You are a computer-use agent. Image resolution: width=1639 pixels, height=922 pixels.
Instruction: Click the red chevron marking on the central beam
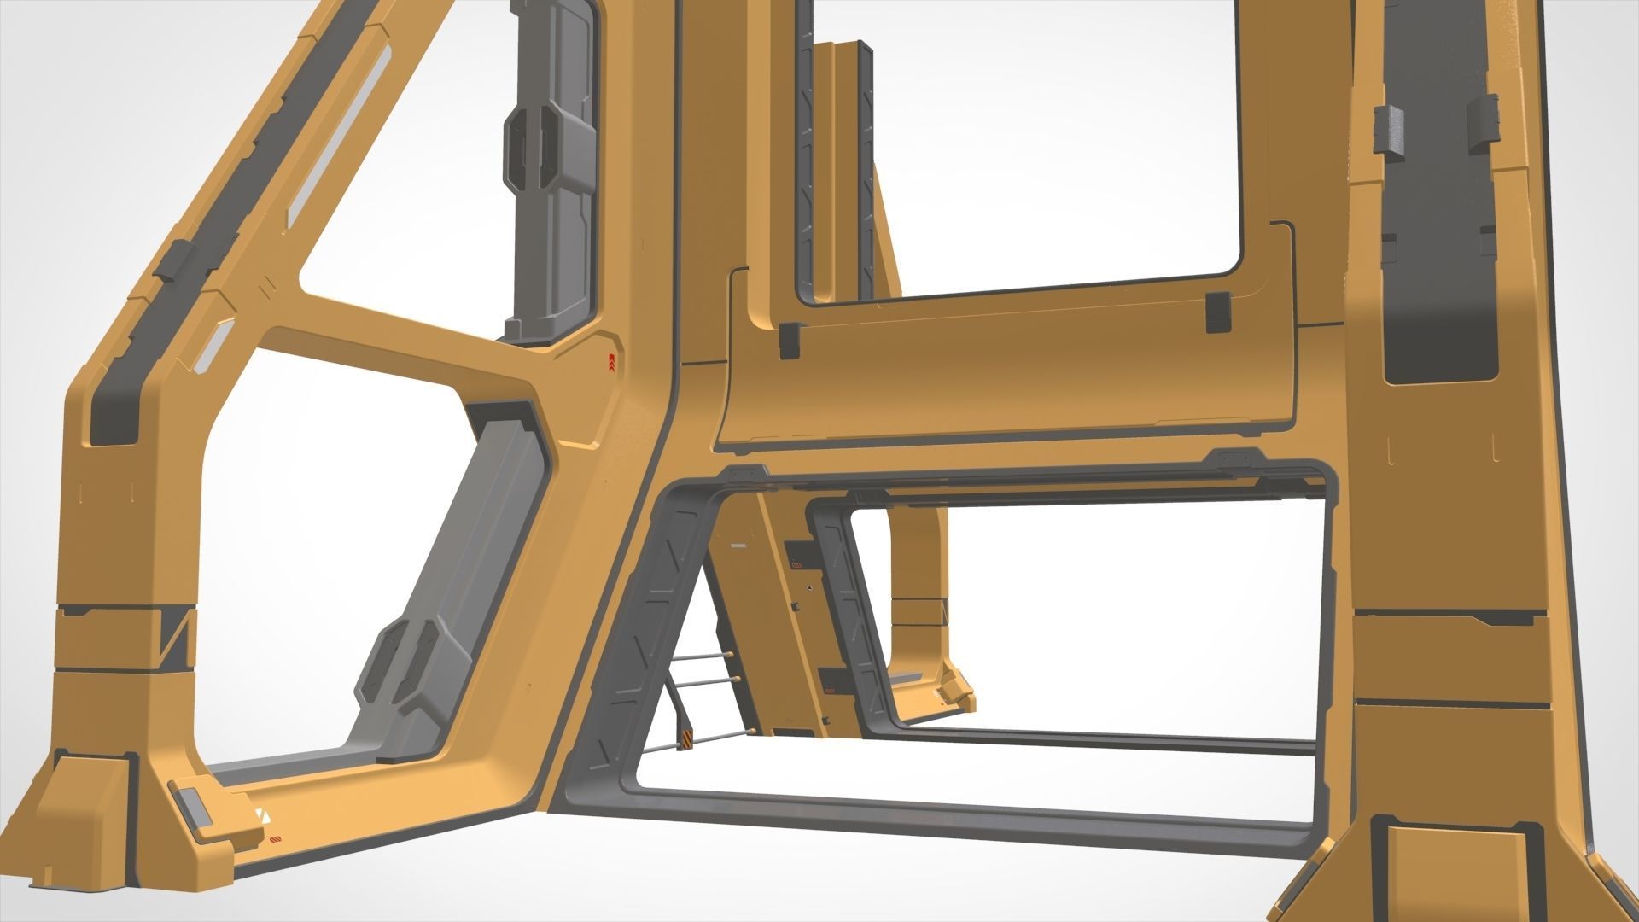(x=611, y=365)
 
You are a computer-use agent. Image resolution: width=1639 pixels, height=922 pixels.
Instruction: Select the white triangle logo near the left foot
(x=261, y=815)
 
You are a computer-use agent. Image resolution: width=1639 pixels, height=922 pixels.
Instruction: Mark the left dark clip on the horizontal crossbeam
(x=788, y=339)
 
